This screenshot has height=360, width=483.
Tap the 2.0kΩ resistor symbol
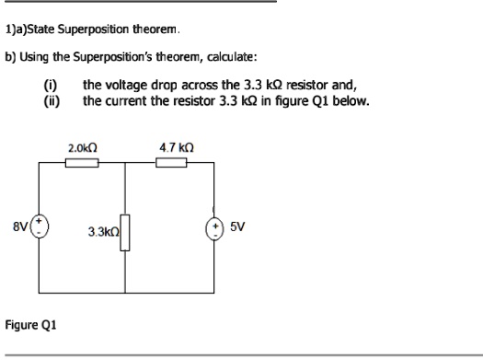(82, 162)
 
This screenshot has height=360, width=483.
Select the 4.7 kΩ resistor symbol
(171, 162)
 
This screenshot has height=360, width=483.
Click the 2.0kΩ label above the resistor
(83, 145)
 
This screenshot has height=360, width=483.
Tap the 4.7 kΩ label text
(173, 145)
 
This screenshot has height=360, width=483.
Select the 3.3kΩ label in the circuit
(103, 231)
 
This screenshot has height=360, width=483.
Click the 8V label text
(20, 225)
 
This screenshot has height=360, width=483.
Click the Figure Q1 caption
(31, 324)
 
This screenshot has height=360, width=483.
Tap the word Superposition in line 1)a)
(78, 29)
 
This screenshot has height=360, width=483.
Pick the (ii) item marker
(52, 98)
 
